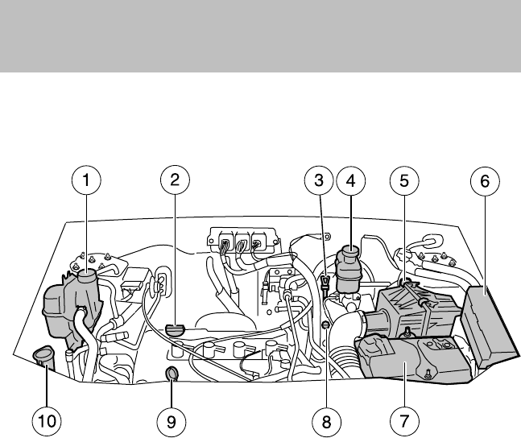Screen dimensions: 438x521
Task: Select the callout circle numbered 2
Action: pyautogui.click(x=172, y=182)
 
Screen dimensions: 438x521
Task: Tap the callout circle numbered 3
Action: pyautogui.click(x=319, y=182)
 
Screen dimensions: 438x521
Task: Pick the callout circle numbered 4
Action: pyautogui.click(x=350, y=182)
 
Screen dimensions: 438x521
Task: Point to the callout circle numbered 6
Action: pyautogui.click(x=485, y=182)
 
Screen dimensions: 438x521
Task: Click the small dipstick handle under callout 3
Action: pyautogui.click(x=323, y=284)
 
